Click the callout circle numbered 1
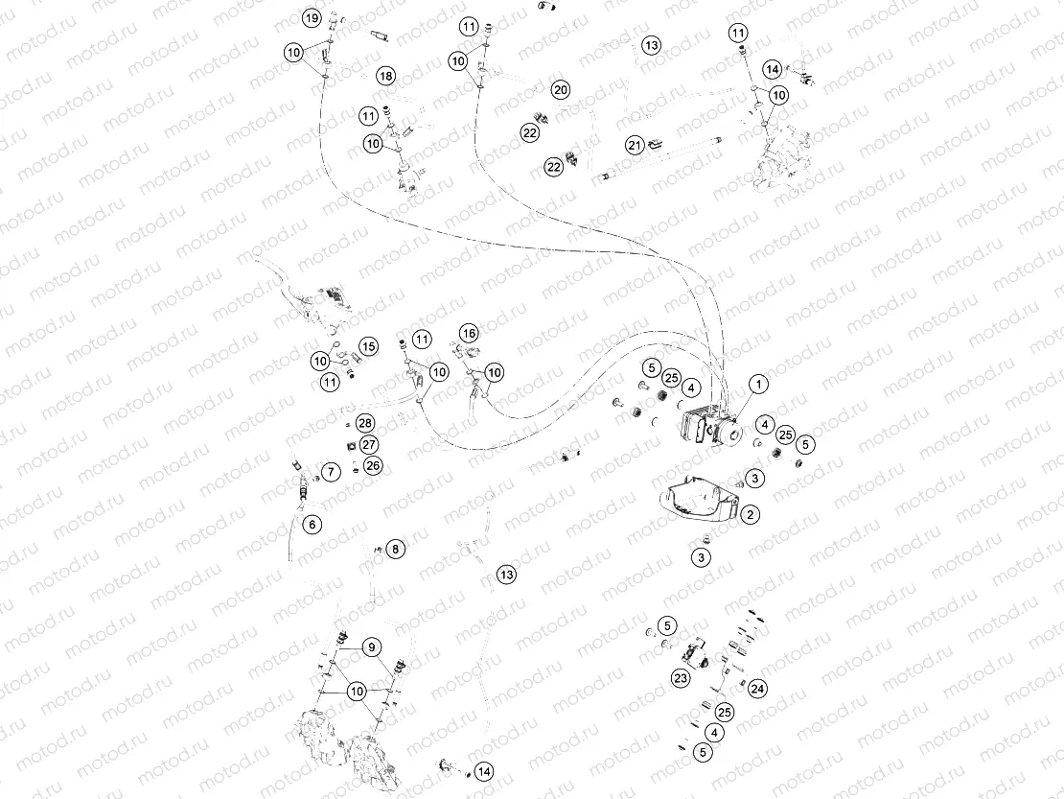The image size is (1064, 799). pyautogui.click(x=758, y=385)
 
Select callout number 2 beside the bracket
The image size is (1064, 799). pyautogui.click(x=751, y=515)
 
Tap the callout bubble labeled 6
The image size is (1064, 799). pyautogui.click(x=312, y=524)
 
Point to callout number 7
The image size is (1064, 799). pyautogui.click(x=330, y=472)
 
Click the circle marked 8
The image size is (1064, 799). pyautogui.click(x=396, y=549)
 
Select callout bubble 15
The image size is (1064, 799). pyautogui.click(x=369, y=345)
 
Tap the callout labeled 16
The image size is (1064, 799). pyautogui.click(x=468, y=333)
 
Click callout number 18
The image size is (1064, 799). pyautogui.click(x=385, y=76)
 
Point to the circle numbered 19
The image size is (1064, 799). pyautogui.click(x=312, y=18)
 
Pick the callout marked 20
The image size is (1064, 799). pyautogui.click(x=561, y=89)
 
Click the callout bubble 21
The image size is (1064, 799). pyautogui.click(x=635, y=145)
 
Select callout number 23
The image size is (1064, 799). pyautogui.click(x=682, y=678)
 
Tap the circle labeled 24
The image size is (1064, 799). pyautogui.click(x=757, y=689)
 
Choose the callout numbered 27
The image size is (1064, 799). pyautogui.click(x=369, y=444)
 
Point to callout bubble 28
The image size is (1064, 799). pyautogui.click(x=365, y=423)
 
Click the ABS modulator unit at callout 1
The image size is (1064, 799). pyautogui.click(x=706, y=426)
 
